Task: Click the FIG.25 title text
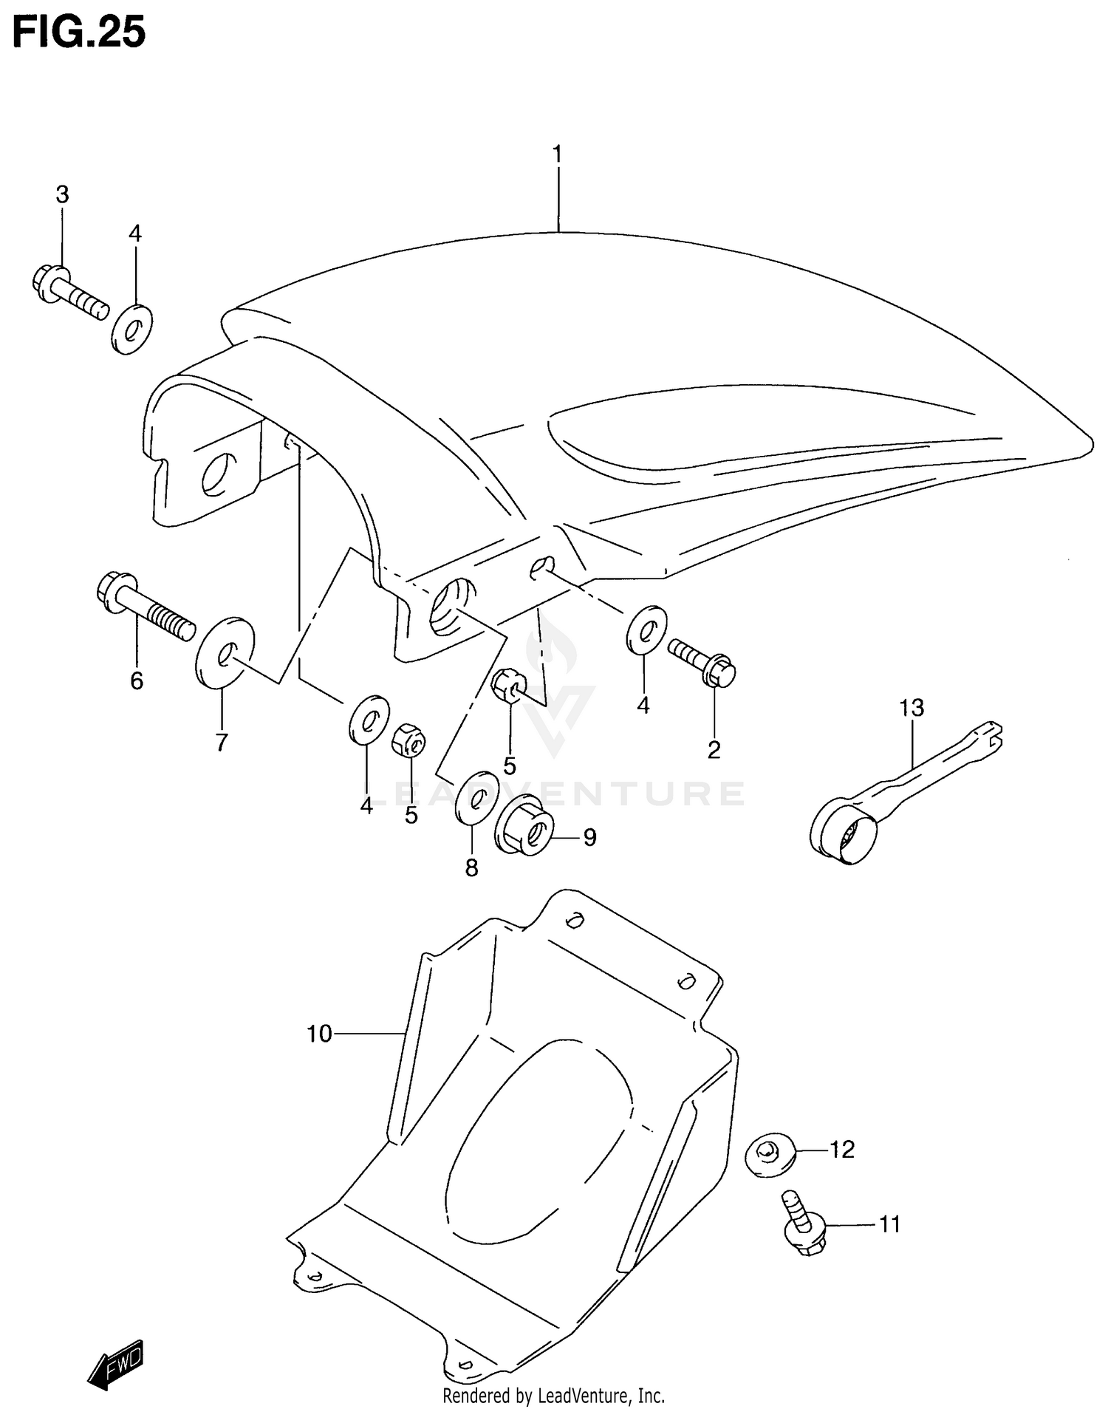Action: (x=79, y=33)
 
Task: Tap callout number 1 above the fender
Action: (x=558, y=154)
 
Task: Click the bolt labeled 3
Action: (x=70, y=291)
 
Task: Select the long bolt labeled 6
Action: (x=145, y=607)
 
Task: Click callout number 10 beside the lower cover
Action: (x=319, y=1034)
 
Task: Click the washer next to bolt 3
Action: (x=132, y=328)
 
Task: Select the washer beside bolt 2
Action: (x=646, y=630)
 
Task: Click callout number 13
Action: (x=912, y=708)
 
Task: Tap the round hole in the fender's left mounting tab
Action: (x=219, y=474)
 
